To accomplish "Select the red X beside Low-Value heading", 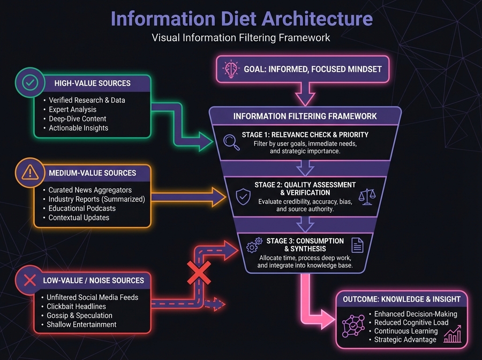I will [x=26, y=279].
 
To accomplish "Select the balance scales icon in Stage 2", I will [x=367, y=196].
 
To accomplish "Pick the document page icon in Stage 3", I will [x=357, y=245].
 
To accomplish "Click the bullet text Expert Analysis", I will [x=72, y=109].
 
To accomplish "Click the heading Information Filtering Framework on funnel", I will [x=305, y=116].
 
